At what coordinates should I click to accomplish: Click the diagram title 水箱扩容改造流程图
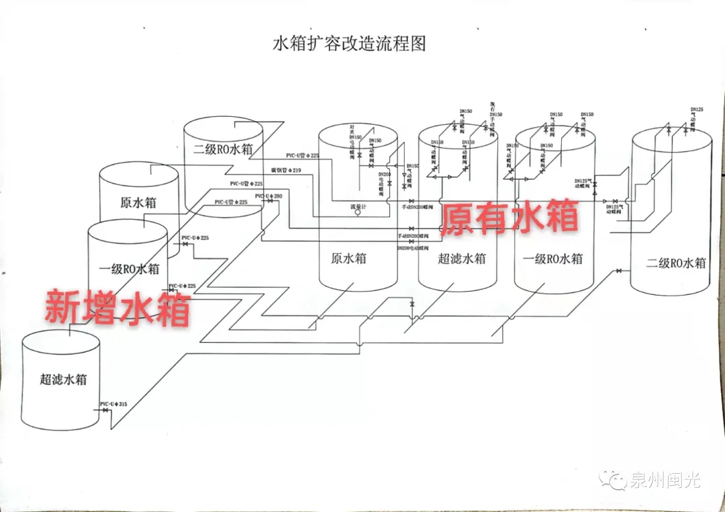click(x=349, y=44)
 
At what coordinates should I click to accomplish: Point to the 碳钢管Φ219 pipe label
click(x=286, y=170)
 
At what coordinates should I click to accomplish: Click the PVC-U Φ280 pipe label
click(x=269, y=196)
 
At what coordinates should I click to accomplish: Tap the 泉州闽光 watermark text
click(x=664, y=480)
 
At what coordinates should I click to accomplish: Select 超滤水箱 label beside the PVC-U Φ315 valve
click(x=63, y=380)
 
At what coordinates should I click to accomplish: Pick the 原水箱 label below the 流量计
click(x=348, y=258)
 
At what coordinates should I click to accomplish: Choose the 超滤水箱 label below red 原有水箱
click(x=461, y=259)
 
